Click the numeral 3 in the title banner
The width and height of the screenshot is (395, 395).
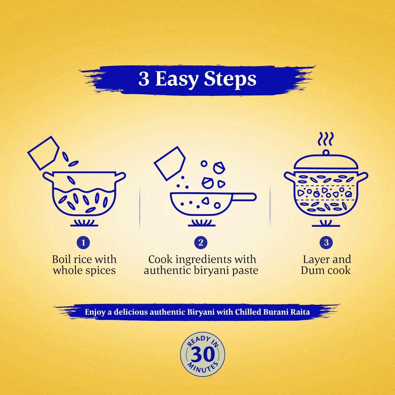click(144, 79)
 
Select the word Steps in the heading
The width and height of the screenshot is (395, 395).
click(230, 79)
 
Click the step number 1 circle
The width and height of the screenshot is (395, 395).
click(83, 243)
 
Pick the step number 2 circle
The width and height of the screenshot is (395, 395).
click(201, 243)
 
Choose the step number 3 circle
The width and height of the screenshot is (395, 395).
click(326, 243)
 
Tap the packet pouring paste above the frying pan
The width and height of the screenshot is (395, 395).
click(170, 163)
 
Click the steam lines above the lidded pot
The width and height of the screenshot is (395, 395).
click(326, 139)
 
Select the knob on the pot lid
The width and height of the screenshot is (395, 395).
click(326, 152)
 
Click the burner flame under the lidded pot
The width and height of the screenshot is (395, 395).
click(326, 224)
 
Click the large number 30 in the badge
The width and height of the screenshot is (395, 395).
click(202, 355)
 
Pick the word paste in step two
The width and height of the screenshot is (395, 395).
click(244, 271)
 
